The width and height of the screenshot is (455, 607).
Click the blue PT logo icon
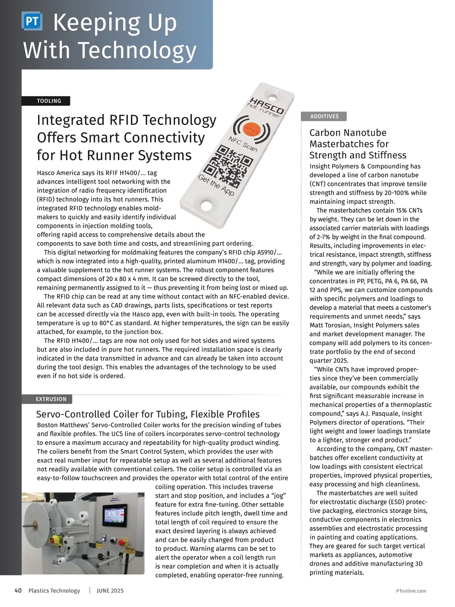(32, 21)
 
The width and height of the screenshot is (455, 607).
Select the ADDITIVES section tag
(324, 116)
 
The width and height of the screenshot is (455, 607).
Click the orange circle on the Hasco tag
(251, 129)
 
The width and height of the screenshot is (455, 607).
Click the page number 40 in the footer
(18, 591)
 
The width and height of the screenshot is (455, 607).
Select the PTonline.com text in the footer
(411, 591)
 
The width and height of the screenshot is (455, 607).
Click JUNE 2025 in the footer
(110, 591)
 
